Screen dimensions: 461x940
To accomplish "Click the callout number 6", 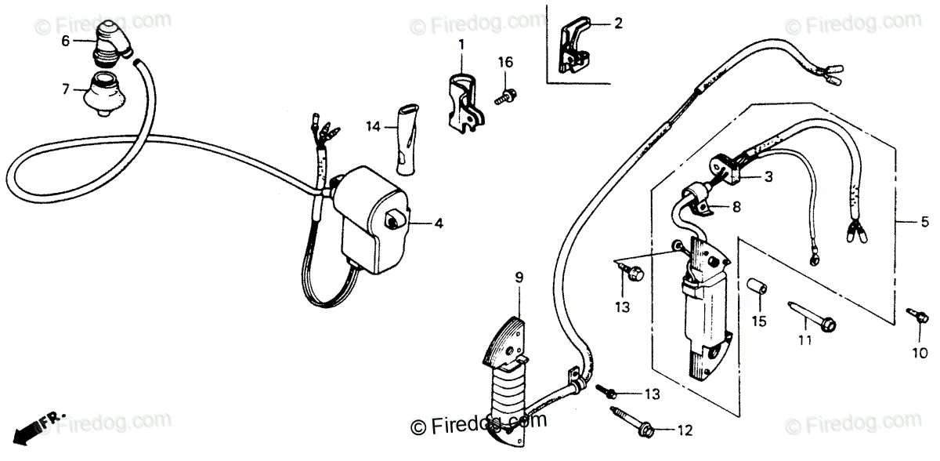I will tap(65, 39).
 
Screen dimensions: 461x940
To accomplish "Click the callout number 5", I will tap(924, 222).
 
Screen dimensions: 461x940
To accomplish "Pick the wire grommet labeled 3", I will tap(725, 166).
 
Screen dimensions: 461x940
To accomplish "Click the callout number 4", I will tap(438, 223).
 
